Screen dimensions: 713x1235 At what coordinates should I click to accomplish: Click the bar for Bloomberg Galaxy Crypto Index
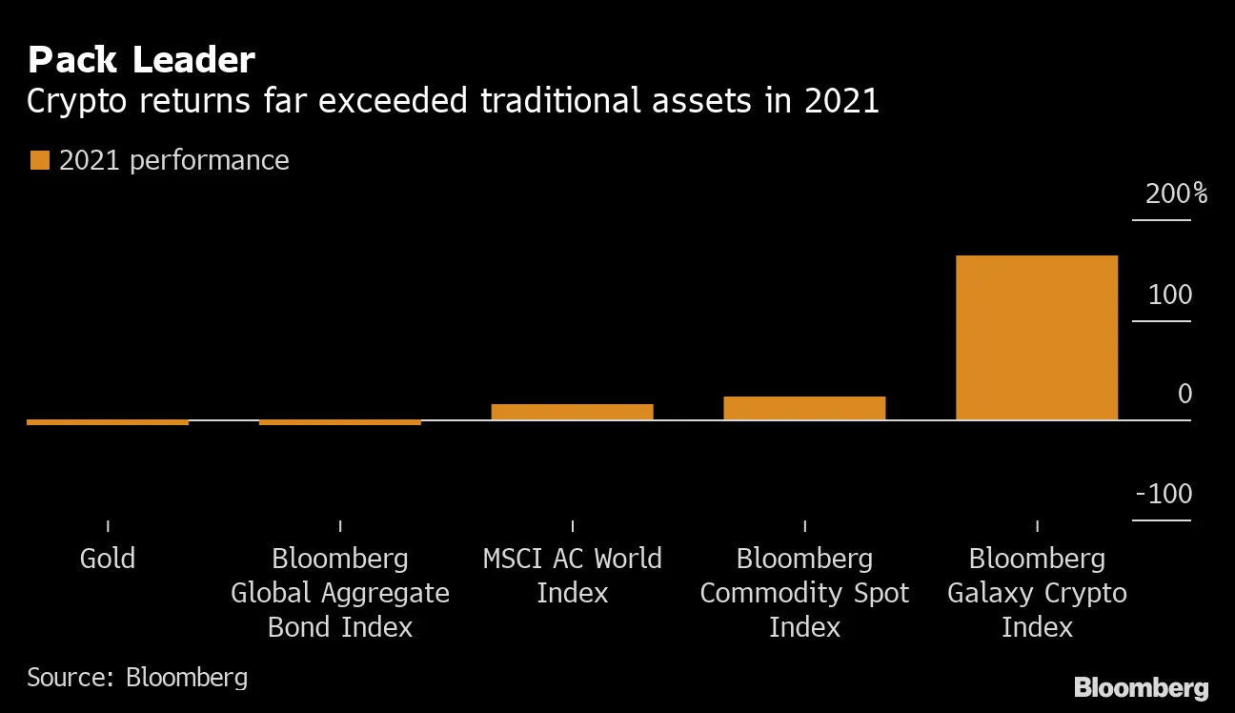1036,337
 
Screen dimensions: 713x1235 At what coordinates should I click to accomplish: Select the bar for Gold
108,422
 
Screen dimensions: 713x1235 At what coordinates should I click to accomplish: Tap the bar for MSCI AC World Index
572,412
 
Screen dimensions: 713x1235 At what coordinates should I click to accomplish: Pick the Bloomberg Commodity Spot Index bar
804,408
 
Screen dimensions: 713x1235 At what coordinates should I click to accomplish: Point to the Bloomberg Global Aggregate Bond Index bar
340,422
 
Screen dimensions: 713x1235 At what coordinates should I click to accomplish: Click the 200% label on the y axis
1176,194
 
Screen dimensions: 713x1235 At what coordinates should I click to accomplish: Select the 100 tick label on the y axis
1170,295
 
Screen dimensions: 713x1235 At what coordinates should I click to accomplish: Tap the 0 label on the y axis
1184,394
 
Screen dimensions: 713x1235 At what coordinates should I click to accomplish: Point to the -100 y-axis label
1164,494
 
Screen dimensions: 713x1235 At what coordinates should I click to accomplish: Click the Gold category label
108,558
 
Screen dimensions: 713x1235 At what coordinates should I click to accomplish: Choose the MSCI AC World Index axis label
572,575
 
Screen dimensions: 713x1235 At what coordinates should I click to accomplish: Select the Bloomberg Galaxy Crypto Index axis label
1037,592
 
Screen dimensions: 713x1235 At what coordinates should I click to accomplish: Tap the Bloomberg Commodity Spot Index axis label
804,592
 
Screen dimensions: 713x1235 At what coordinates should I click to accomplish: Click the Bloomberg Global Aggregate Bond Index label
340,592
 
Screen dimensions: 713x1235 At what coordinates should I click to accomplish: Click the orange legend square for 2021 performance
39,160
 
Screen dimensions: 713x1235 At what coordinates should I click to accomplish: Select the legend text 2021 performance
173,160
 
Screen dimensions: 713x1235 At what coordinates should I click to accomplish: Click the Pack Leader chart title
141,60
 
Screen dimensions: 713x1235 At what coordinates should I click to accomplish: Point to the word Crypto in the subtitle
77,101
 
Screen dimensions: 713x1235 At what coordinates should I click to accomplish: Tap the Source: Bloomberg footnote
137,677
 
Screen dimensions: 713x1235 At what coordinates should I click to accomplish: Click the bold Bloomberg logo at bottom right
1141,687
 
